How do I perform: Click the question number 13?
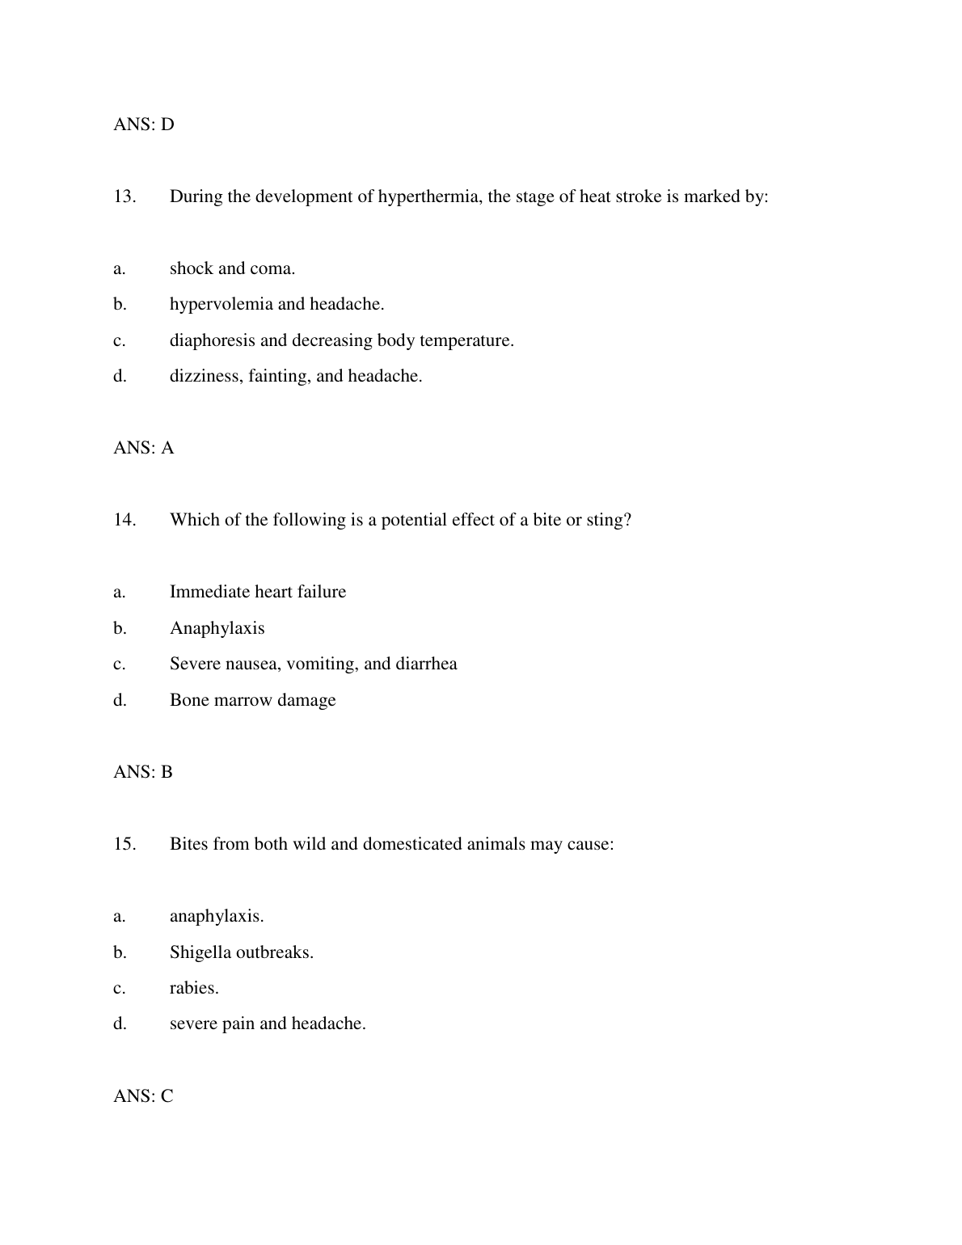click(124, 196)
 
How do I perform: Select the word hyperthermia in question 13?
click(429, 196)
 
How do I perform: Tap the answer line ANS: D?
click(144, 124)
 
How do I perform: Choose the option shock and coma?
click(232, 268)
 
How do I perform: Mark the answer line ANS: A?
click(144, 448)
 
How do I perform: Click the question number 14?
click(124, 520)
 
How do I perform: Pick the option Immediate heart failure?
click(257, 592)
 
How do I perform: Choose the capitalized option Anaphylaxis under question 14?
click(217, 628)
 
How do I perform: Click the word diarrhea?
click(426, 664)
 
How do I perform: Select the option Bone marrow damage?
click(252, 700)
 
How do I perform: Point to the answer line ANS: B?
click(143, 772)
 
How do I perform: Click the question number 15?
click(124, 844)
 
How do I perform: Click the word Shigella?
click(200, 952)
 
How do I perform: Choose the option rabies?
click(194, 988)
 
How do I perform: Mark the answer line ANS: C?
click(143, 1096)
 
